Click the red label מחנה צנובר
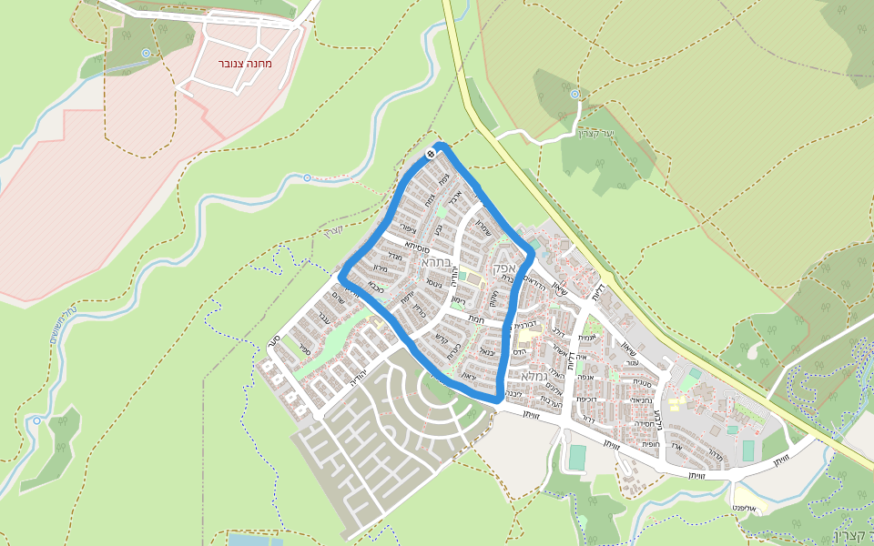[245, 64]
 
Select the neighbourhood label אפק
[503, 268]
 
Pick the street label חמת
[475, 318]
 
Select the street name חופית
[649, 445]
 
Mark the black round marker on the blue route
[430, 154]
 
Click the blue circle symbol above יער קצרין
[574, 94]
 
